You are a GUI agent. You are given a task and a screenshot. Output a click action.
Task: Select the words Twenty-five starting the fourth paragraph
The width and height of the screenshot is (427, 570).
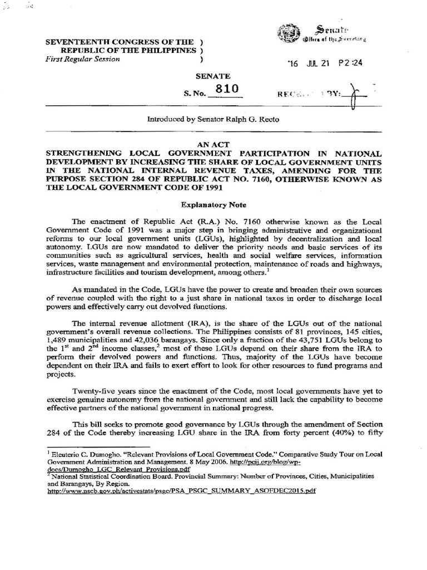tap(97, 391)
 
